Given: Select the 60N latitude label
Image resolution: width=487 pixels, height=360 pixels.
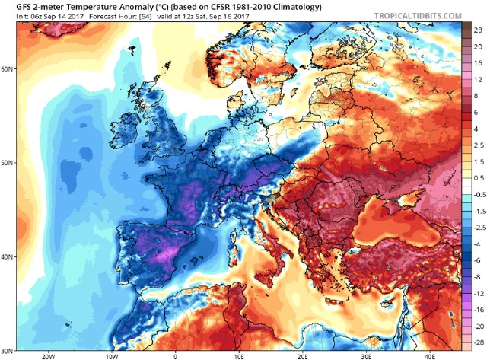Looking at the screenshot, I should (8, 68).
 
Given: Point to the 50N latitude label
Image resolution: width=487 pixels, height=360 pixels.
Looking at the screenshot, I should (8, 163).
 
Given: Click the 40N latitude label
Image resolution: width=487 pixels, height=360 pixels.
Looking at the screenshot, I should (8, 257).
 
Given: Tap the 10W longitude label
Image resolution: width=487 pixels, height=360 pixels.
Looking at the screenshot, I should (112, 355).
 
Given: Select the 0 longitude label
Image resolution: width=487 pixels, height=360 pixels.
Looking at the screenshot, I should (176, 355).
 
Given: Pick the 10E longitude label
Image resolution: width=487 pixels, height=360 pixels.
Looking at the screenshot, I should (239, 355).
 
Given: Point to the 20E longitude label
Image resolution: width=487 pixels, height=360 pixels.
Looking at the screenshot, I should (303, 355).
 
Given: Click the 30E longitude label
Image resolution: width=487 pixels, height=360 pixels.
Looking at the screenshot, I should (367, 355).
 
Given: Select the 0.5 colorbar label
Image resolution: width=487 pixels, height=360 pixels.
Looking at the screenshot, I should (477, 178).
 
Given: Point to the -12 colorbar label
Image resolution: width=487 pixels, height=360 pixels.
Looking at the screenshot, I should (477, 292).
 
